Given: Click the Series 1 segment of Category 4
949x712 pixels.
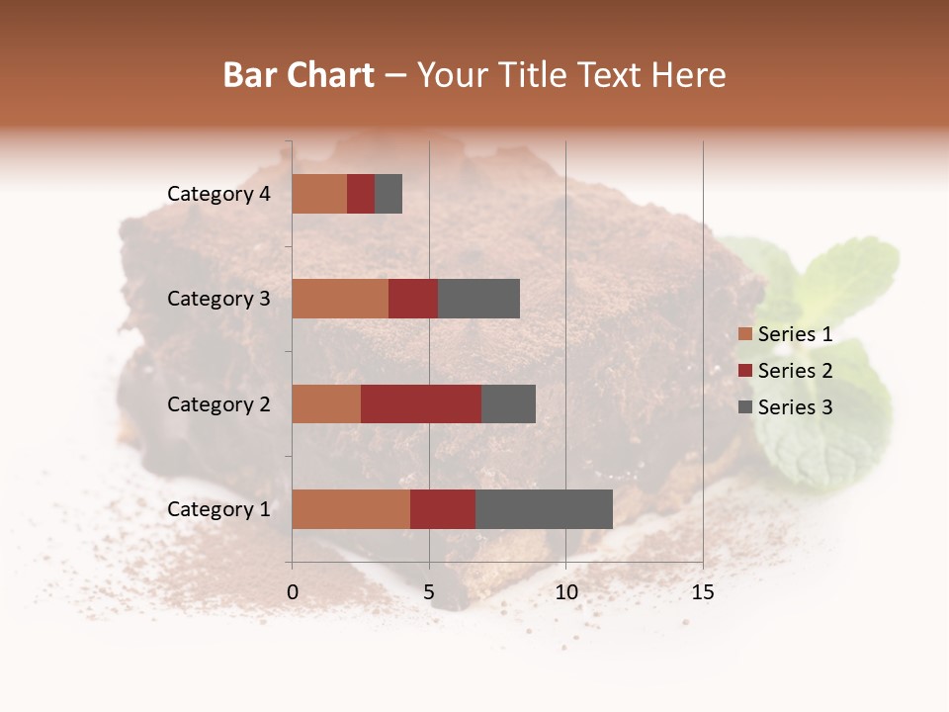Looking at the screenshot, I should pyautogui.click(x=319, y=194).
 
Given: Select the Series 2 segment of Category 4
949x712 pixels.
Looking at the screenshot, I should pyautogui.click(x=361, y=194).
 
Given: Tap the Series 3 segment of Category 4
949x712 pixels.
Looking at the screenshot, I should pyautogui.click(x=388, y=194).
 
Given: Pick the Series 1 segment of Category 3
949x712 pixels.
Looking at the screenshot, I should pyautogui.click(x=340, y=299).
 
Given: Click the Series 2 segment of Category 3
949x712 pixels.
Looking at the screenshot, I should pyautogui.click(x=413, y=299).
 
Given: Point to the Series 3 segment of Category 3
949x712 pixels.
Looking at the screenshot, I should pyautogui.click(x=478, y=299).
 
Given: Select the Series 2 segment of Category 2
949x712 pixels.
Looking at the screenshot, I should pyautogui.click(x=421, y=403).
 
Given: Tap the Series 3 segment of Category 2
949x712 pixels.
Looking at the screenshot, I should pyautogui.click(x=508, y=403).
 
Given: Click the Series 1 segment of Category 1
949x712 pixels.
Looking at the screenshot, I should pyautogui.click(x=351, y=509).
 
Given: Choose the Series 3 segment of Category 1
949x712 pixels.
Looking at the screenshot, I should pyautogui.click(x=544, y=509).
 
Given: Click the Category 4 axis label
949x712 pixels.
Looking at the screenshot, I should pyautogui.click(x=218, y=194).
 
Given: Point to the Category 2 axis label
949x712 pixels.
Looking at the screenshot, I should pyautogui.click(x=218, y=404).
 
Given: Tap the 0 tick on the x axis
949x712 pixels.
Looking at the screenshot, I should pyautogui.click(x=293, y=592).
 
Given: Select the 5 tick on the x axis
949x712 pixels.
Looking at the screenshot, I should pyautogui.click(x=429, y=592).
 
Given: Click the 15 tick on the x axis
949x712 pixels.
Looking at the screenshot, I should pyautogui.click(x=702, y=592).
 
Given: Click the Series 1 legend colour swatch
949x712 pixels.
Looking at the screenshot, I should pyautogui.click(x=744, y=334).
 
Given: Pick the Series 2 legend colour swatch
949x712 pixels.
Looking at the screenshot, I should pyautogui.click(x=744, y=371).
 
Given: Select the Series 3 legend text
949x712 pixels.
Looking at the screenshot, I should pyautogui.click(x=795, y=407).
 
